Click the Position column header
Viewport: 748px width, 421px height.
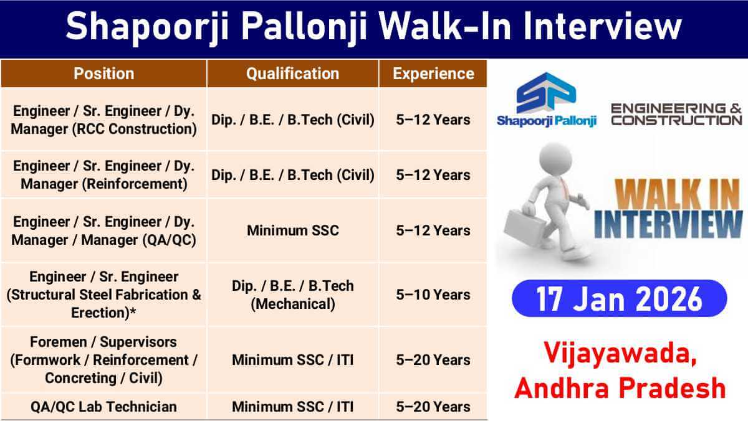pos(103,73)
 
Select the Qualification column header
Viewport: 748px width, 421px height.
pos(292,73)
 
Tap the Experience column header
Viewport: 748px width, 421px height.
pos(433,73)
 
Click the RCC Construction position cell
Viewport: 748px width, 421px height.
pos(103,120)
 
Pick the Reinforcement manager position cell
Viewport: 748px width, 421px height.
pos(103,175)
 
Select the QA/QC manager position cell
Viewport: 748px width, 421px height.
pos(103,230)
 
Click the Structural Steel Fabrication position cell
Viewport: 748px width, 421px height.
pos(103,295)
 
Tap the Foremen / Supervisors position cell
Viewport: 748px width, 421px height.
pos(103,360)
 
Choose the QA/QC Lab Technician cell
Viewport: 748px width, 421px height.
pos(103,407)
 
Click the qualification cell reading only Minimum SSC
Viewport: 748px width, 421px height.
pos(292,230)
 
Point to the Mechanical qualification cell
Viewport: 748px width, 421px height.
pos(292,295)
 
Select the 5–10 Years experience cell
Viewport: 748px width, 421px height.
pos(433,295)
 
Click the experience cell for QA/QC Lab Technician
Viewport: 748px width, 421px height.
pos(433,407)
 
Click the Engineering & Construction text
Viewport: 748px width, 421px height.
pos(676,114)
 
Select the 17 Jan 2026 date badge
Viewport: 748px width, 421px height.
pos(619,298)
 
